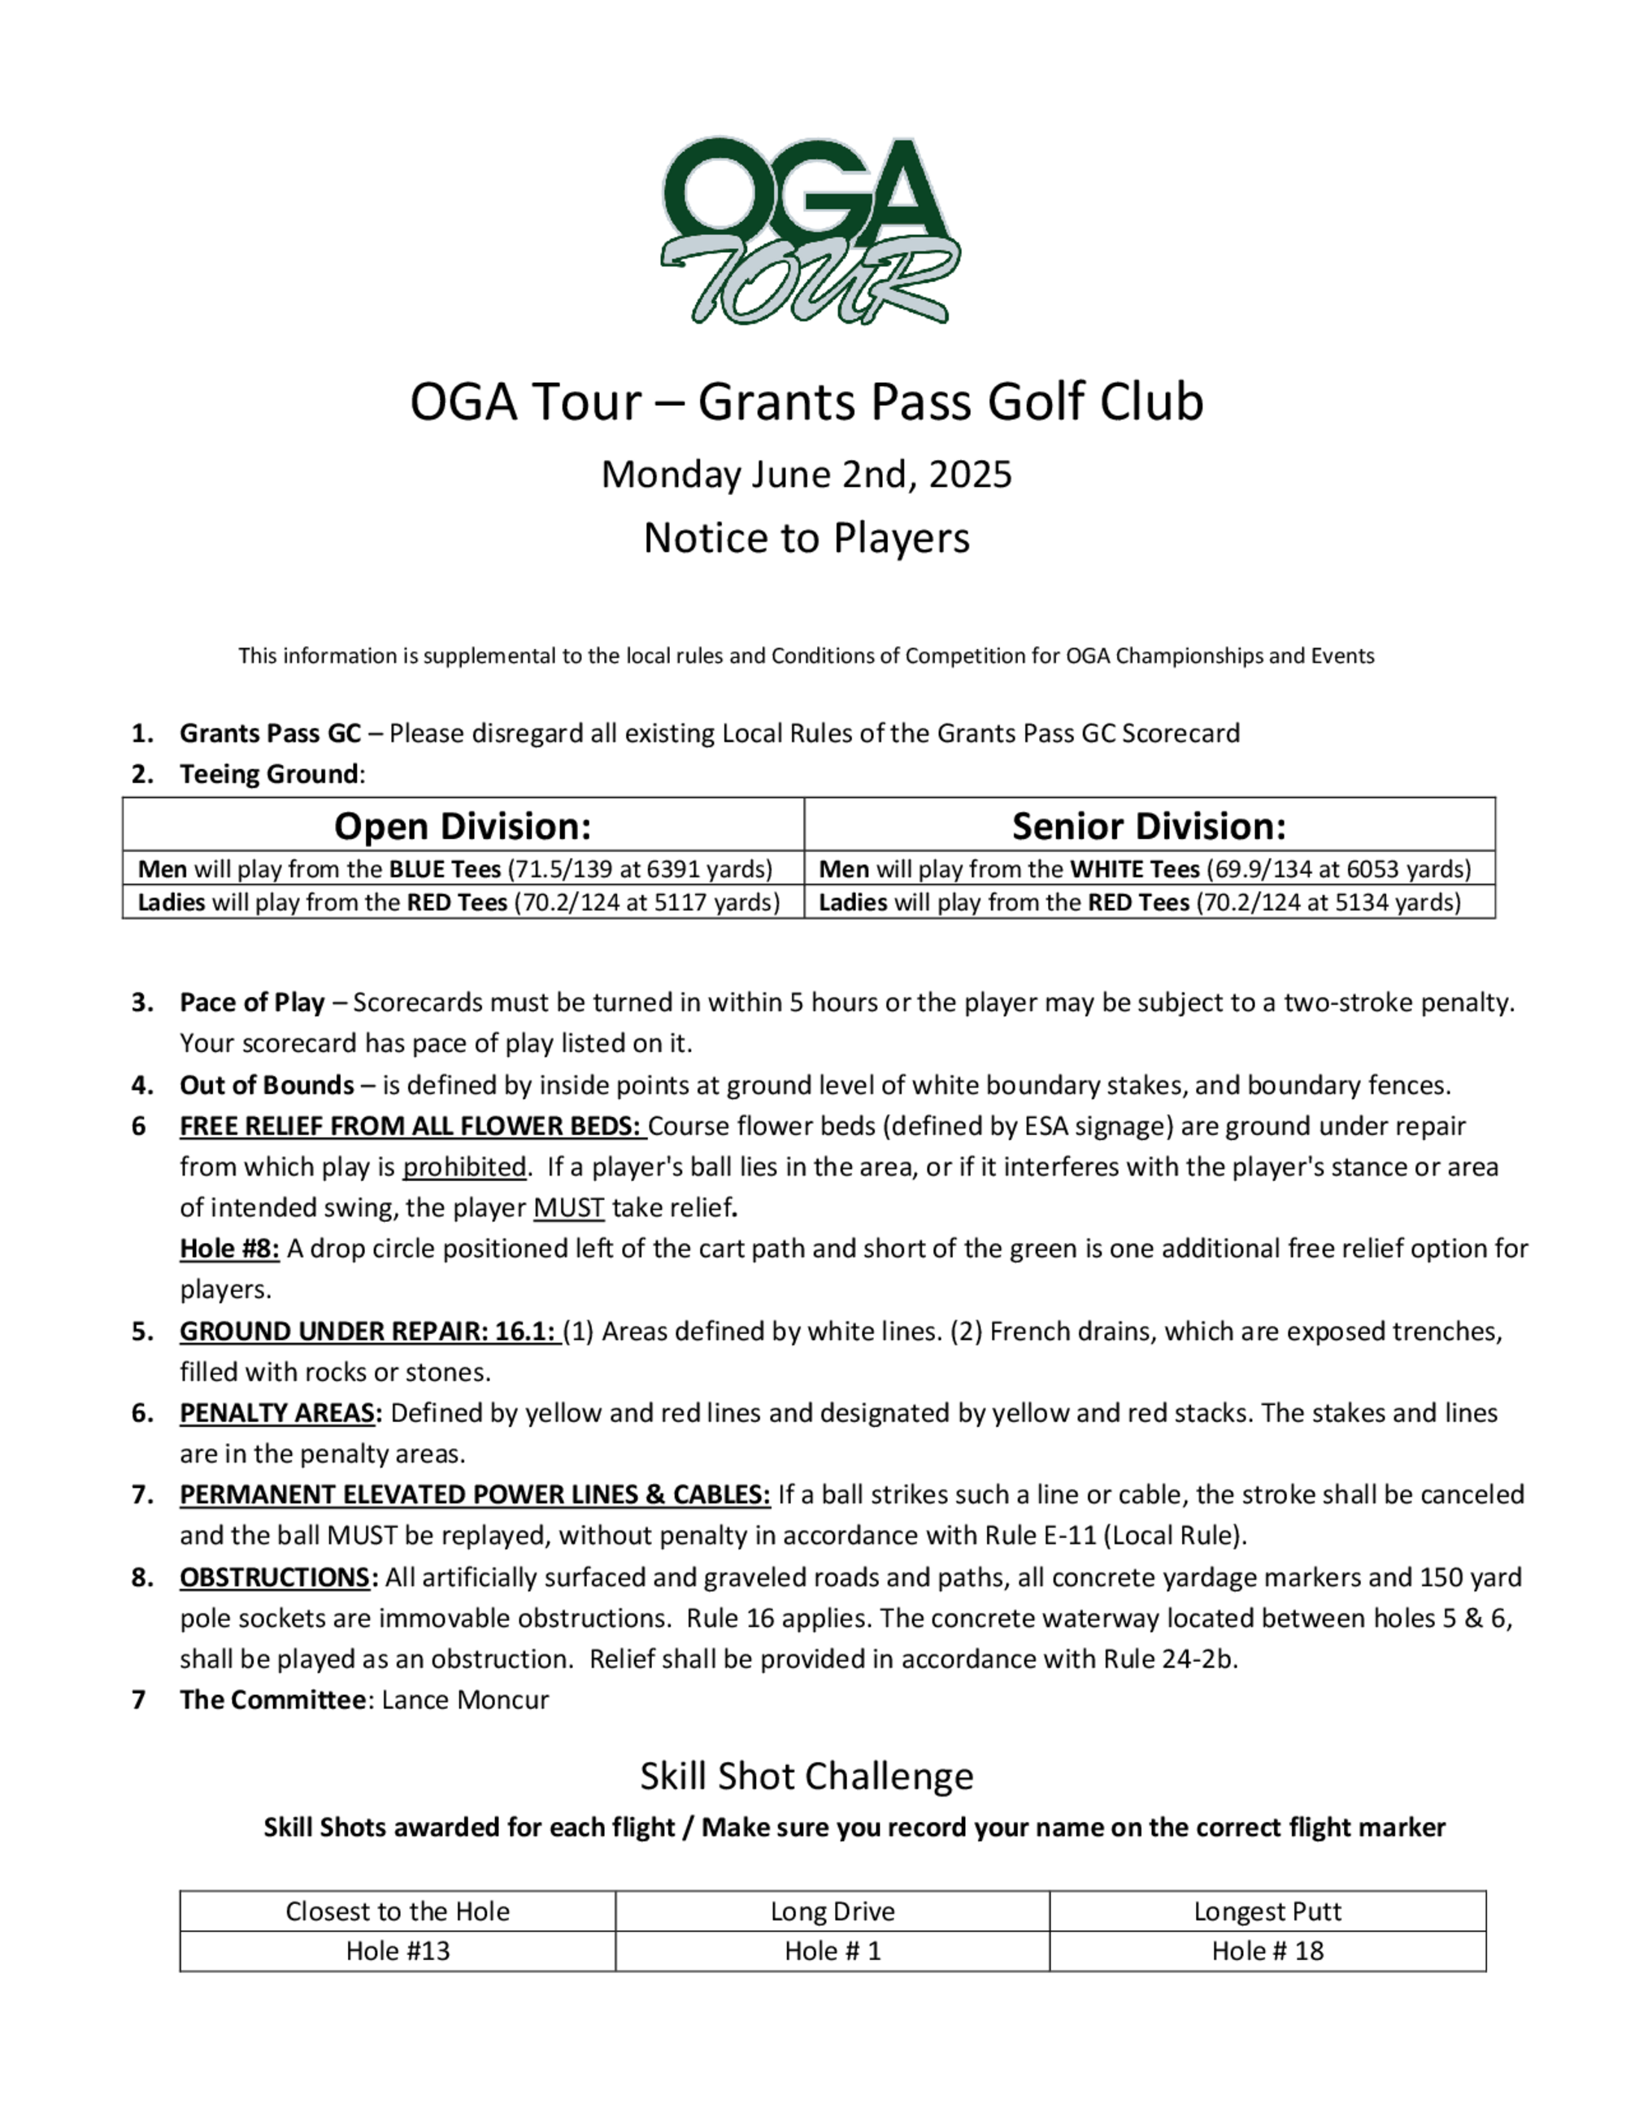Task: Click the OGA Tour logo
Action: point(809,229)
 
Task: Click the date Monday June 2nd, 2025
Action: point(806,475)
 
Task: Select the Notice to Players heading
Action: point(806,537)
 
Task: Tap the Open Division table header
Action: point(463,827)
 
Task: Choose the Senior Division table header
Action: point(1150,827)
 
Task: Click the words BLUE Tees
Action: point(444,870)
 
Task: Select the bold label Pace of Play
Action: point(251,1003)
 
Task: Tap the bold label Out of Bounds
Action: point(267,1085)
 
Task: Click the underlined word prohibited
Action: point(464,1167)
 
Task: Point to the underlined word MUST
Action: point(568,1208)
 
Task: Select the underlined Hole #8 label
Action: point(229,1250)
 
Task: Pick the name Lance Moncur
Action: point(465,1700)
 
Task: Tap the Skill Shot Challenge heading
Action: point(806,1776)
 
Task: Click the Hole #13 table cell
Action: point(398,1952)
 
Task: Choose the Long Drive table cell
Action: point(833,1912)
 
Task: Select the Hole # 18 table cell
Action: point(1267,1952)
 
